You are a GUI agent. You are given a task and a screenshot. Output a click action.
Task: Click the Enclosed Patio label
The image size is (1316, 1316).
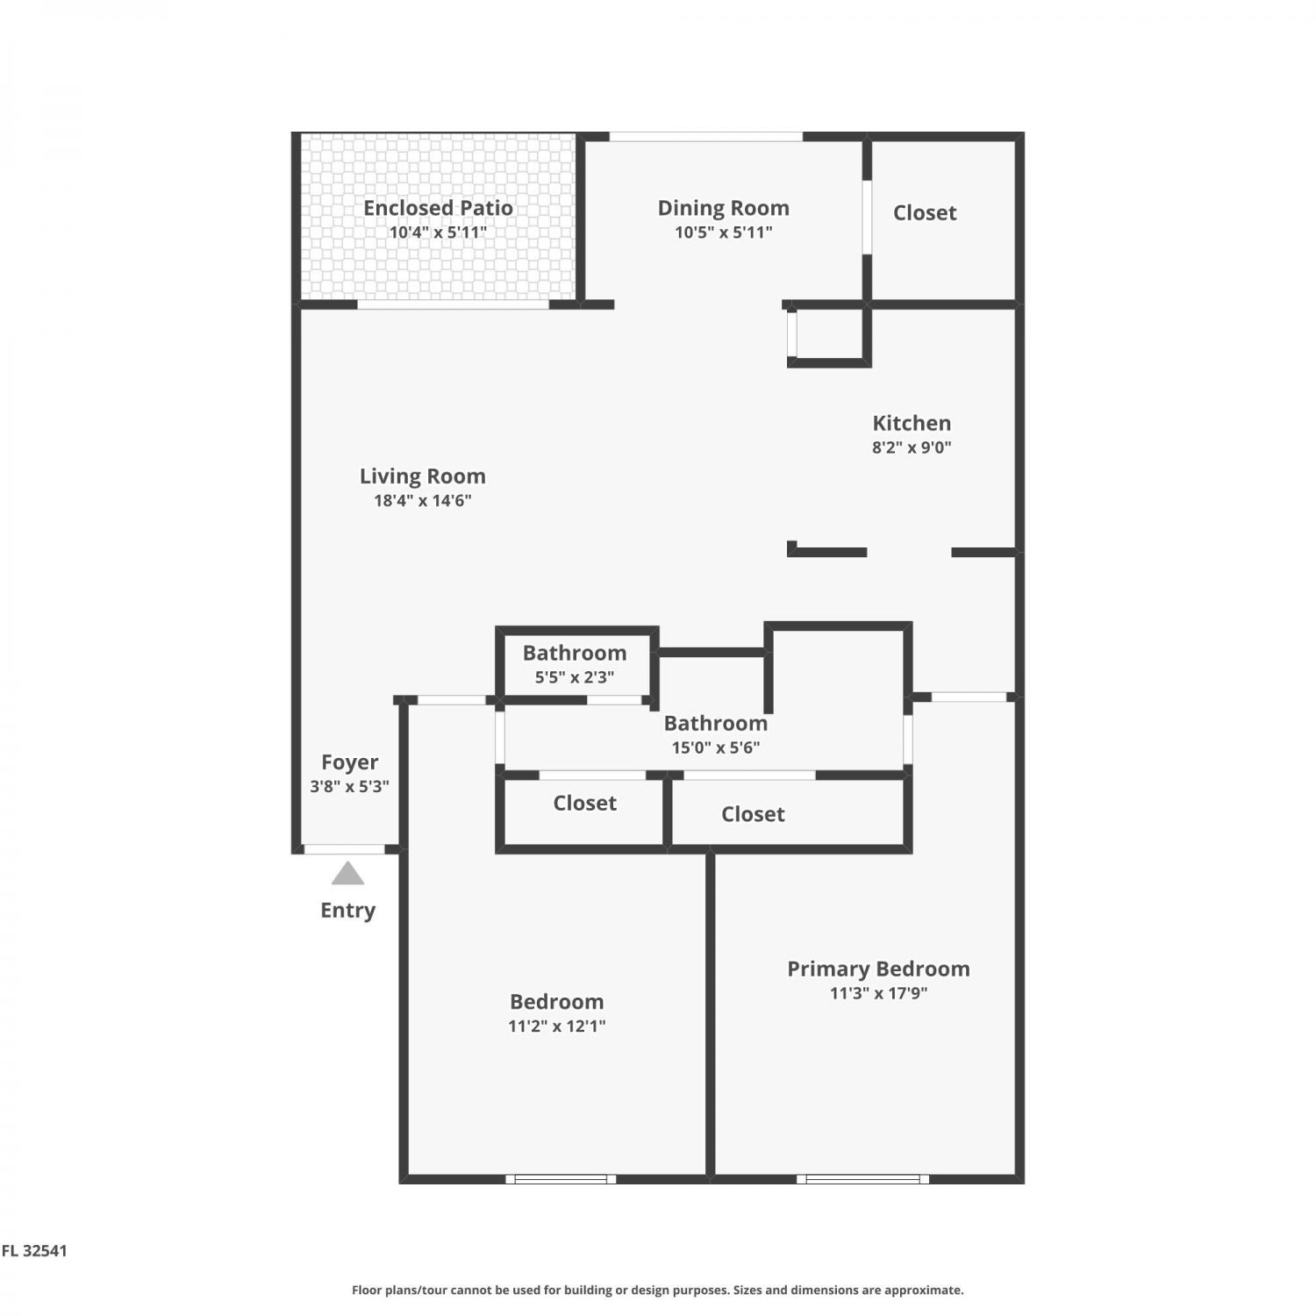click(x=438, y=208)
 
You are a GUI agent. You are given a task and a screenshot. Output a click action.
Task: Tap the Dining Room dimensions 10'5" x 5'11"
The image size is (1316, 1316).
click(x=723, y=232)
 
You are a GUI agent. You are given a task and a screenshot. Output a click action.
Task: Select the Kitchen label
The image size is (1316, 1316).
click(x=912, y=423)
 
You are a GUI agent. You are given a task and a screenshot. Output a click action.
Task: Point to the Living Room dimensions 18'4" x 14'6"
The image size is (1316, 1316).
click(x=423, y=501)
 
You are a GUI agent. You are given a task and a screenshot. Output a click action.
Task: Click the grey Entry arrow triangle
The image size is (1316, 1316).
click(x=347, y=874)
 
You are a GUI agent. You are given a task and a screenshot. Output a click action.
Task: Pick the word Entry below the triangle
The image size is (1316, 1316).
click(x=347, y=911)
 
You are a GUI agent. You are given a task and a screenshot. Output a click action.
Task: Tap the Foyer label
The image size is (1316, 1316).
click(x=349, y=762)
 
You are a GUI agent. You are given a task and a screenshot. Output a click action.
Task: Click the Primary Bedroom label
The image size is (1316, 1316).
click(x=878, y=969)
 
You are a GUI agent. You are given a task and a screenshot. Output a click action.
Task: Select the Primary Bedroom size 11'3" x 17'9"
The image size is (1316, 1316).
click(x=878, y=994)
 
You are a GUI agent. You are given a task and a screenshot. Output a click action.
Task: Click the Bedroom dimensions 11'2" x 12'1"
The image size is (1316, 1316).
click(x=556, y=1026)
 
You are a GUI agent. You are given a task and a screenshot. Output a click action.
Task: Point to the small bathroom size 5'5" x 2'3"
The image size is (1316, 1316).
click(x=574, y=677)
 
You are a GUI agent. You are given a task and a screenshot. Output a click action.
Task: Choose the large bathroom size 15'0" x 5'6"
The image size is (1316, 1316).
click(x=715, y=748)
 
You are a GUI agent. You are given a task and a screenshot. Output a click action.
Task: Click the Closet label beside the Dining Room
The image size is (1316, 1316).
click(x=925, y=213)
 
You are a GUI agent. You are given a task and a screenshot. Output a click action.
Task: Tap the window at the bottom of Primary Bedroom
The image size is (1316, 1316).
click(x=863, y=1178)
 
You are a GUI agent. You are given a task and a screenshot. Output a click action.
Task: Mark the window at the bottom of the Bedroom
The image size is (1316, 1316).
click(x=561, y=1178)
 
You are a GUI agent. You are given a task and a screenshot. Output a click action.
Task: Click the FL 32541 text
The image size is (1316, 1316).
click(x=34, y=1251)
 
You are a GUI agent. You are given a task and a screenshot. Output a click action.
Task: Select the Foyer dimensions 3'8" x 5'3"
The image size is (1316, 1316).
click(x=349, y=787)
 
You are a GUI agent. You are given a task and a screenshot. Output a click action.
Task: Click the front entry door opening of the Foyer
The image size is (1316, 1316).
click(x=344, y=849)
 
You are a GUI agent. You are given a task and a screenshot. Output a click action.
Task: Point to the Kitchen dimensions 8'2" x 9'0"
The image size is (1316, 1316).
click(x=912, y=447)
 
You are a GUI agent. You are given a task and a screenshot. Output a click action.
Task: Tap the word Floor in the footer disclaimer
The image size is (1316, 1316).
click(x=368, y=1290)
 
